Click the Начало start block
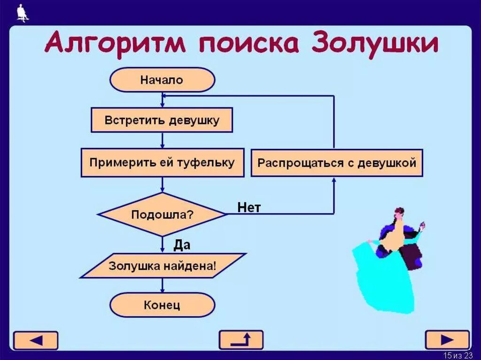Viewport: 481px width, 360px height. click(x=162, y=80)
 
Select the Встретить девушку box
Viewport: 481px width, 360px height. click(x=162, y=120)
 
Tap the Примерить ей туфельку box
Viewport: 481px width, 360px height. click(x=162, y=163)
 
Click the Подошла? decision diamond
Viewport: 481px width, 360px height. click(x=162, y=214)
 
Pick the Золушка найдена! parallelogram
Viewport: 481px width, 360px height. click(x=163, y=266)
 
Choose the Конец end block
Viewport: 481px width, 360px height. click(x=162, y=305)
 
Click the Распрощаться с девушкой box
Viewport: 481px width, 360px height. click(x=337, y=163)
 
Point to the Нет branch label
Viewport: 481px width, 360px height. click(x=249, y=207)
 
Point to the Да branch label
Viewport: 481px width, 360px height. click(x=182, y=245)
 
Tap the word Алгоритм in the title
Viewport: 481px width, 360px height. click(x=116, y=44)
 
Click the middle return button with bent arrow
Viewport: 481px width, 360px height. click(x=241, y=340)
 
